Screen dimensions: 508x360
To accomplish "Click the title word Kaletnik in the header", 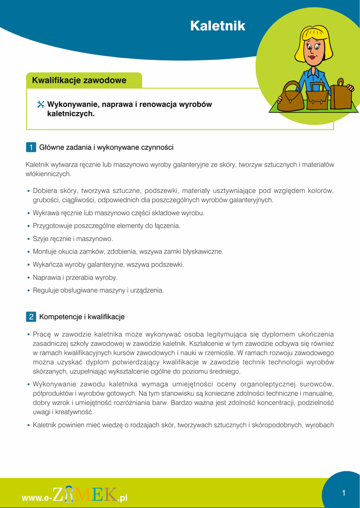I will (217, 26).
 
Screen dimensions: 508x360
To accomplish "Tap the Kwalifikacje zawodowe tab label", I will (79, 80).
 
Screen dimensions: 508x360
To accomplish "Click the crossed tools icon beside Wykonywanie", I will (41, 105).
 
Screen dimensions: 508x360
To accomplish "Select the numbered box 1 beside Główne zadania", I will (31, 147).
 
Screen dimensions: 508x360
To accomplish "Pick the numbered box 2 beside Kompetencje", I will (31, 317).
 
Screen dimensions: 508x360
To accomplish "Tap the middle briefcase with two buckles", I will (317, 99).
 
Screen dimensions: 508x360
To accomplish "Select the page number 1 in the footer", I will (344, 493).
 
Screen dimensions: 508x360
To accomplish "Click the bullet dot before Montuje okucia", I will (28, 252).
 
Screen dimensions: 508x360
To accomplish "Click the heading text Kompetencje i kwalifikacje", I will (82, 317).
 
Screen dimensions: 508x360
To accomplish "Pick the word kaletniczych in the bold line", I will (69, 114).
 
